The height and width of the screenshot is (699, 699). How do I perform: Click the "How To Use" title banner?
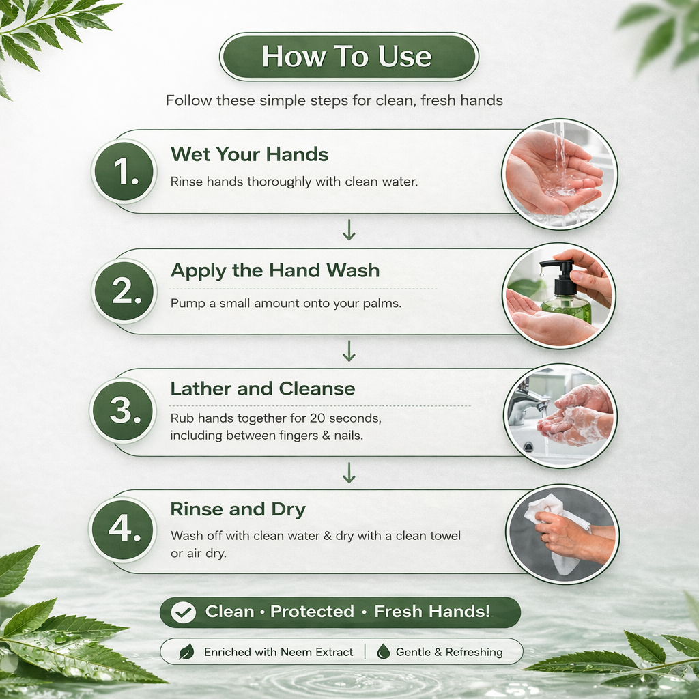(349, 57)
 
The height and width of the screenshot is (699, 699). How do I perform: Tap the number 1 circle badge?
(124, 171)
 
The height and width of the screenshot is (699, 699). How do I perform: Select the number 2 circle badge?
(124, 291)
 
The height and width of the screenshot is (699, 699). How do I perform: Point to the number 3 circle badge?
(124, 410)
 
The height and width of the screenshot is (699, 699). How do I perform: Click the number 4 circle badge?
(123, 530)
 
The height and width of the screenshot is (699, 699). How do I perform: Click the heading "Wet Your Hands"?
(249, 155)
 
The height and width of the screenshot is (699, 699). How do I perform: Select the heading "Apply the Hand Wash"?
(275, 271)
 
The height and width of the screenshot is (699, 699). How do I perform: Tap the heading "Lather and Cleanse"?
(263, 388)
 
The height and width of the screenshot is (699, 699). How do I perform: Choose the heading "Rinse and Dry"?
(238, 509)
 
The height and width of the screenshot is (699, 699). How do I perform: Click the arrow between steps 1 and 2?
(349, 230)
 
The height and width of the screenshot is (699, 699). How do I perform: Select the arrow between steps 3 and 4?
(349, 473)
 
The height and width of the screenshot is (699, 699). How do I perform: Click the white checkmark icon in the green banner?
(183, 612)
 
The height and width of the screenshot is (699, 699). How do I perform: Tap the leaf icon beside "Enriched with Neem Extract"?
(186, 652)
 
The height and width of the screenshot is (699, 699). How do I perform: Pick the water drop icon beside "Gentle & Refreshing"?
(383, 652)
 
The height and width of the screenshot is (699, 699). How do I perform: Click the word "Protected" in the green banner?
(312, 612)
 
